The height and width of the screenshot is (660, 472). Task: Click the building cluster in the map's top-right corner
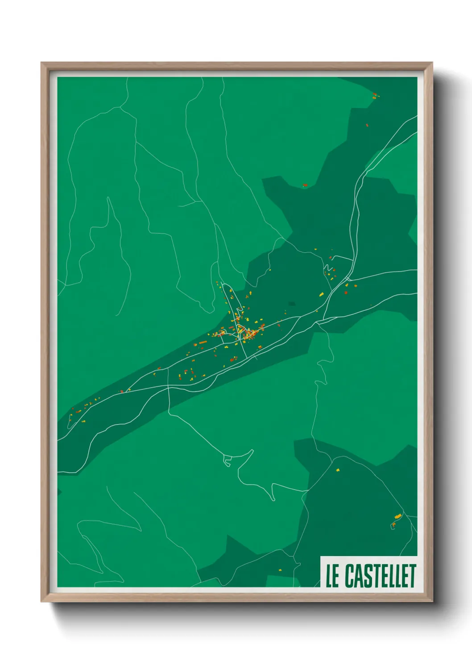click(x=376, y=95)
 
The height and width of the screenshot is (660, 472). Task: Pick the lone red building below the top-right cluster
click(x=367, y=125)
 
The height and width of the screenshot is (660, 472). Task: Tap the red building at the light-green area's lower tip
click(x=305, y=185)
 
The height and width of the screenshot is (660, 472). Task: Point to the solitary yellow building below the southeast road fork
click(x=338, y=470)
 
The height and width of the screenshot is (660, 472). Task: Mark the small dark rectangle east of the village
click(x=292, y=303)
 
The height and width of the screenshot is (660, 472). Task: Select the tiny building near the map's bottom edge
click(x=280, y=569)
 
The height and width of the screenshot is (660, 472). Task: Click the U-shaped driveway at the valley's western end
click(x=70, y=423)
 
